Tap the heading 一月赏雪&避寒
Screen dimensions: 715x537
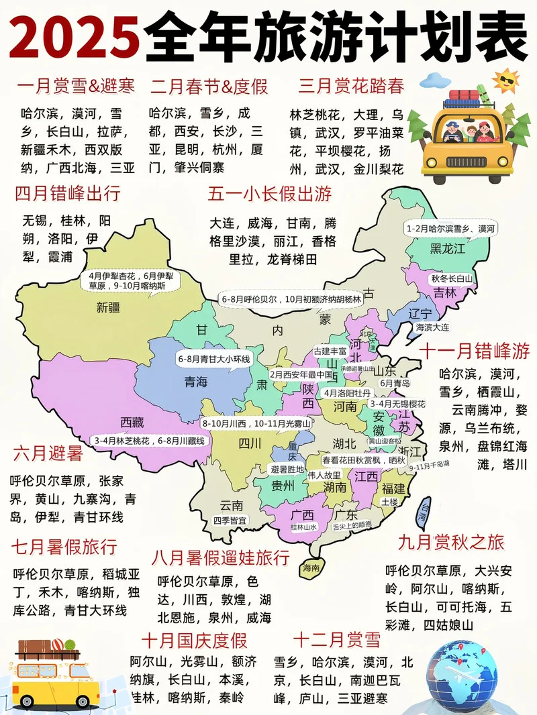click(x=75, y=87)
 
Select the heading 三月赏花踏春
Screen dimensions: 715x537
click(x=352, y=87)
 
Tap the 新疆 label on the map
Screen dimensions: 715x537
click(x=107, y=307)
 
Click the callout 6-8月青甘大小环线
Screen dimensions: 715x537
click(x=214, y=359)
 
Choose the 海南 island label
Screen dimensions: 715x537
click(x=311, y=567)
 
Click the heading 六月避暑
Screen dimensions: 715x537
click(x=47, y=454)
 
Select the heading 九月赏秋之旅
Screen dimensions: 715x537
click(x=450, y=542)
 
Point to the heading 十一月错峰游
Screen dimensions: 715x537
click(x=475, y=350)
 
